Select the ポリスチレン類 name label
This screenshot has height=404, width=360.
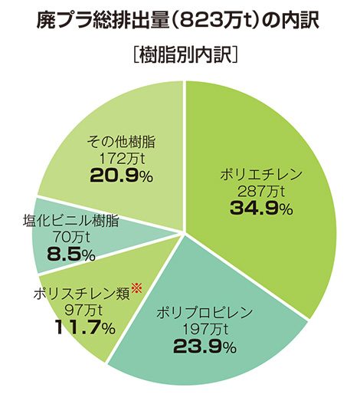pos(81,294)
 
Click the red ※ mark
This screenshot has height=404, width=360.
pos(138,287)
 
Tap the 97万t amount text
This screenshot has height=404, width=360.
pos(81,310)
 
